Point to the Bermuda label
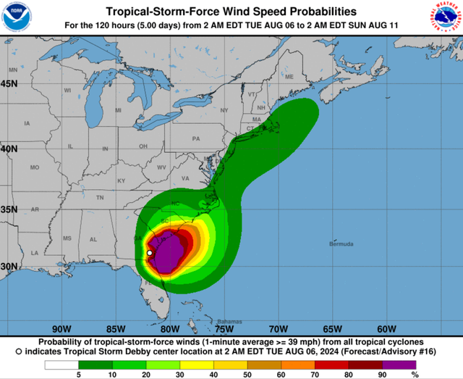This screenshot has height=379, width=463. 342,244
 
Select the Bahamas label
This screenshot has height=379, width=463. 230,321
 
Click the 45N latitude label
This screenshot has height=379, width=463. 9,83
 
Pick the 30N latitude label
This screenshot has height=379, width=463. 9,266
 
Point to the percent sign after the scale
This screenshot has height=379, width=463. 415,375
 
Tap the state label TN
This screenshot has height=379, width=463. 100,197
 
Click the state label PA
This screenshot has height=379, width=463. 195,138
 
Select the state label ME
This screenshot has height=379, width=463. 289,77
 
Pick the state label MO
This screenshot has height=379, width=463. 34,167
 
